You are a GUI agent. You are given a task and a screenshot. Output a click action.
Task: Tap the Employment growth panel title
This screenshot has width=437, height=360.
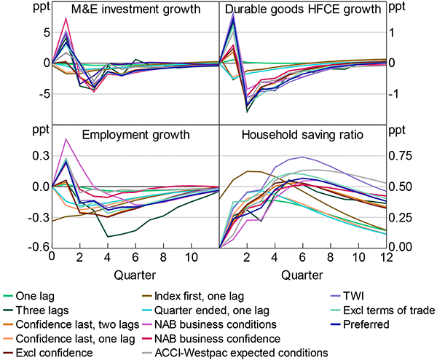click(135, 135)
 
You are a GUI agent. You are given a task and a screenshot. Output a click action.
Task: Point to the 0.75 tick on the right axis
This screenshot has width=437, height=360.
click(416, 155)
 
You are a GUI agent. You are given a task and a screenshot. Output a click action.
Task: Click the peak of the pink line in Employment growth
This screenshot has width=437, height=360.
click(66, 138)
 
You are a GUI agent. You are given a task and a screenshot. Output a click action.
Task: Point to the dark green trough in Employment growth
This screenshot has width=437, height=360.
click(108, 236)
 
